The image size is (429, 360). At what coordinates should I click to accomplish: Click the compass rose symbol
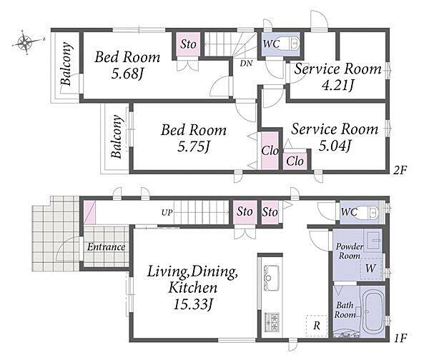click(25, 42)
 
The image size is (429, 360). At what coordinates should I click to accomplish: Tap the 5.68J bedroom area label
click(127, 74)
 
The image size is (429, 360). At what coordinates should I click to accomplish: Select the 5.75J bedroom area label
click(193, 147)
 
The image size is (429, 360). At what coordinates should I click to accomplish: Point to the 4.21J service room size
click(337, 85)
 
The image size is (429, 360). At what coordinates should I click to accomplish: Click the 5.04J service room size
click(335, 146)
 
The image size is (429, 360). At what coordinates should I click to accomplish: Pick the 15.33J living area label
click(193, 304)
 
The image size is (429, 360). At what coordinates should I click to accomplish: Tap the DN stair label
click(246, 64)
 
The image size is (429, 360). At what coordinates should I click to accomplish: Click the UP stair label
click(167, 212)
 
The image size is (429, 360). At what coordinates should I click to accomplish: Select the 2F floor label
click(400, 170)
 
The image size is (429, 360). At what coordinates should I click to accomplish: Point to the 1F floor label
click(400, 338)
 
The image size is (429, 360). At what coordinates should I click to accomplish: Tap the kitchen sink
click(271, 277)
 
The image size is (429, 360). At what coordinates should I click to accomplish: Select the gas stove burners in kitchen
click(272, 322)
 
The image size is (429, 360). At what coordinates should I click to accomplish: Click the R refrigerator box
click(317, 326)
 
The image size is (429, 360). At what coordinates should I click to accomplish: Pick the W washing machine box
click(370, 268)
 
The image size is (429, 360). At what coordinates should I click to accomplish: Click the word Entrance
click(106, 247)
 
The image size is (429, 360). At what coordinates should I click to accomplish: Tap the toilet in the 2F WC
click(292, 44)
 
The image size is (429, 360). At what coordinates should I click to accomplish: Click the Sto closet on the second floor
click(188, 44)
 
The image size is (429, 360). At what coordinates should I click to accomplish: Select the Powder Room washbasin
click(374, 240)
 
